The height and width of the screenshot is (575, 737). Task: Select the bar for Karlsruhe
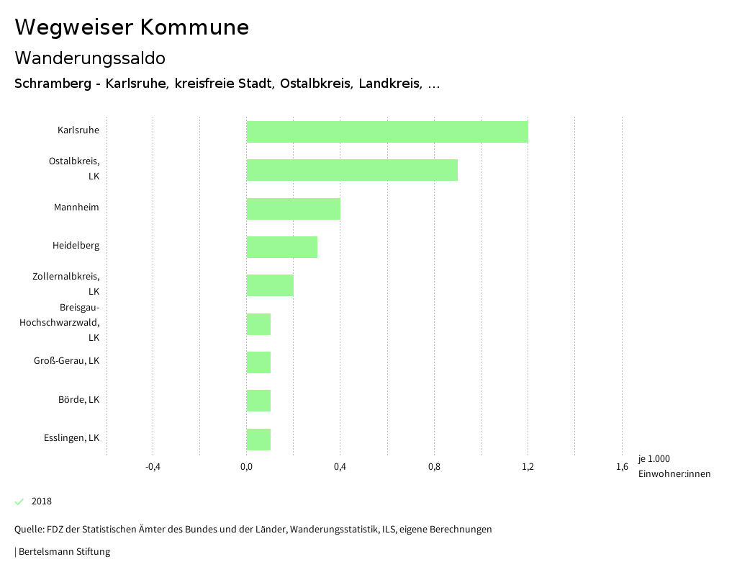(387, 132)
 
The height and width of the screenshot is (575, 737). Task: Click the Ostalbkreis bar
(352, 170)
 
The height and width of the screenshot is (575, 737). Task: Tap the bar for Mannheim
(293, 209)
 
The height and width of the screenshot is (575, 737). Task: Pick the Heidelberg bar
(281, 247)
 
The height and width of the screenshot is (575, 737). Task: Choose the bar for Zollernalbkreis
(270, 285)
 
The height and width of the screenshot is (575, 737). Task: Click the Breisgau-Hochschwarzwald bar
(258, 324)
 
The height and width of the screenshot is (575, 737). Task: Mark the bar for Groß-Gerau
(258, 362)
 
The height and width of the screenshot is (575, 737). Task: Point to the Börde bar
(258, 401)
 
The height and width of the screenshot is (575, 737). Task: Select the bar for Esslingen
(258, 440)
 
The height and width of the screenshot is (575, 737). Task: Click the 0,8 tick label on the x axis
(434, 467)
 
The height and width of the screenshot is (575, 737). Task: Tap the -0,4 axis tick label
(153, 467)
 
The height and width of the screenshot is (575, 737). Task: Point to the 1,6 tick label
(622, 467)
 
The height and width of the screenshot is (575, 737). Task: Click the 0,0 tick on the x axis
(246, 467)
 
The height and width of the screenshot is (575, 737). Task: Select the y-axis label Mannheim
(76, 208)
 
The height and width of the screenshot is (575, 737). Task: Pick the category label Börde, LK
(78, 400)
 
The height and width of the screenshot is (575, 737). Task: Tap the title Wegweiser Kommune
(132, 27)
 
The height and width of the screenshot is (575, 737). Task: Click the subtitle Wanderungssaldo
(90, 58)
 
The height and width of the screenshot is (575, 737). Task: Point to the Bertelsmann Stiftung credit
(63, 552)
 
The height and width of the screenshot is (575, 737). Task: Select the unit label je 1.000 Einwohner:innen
(674, 466)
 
